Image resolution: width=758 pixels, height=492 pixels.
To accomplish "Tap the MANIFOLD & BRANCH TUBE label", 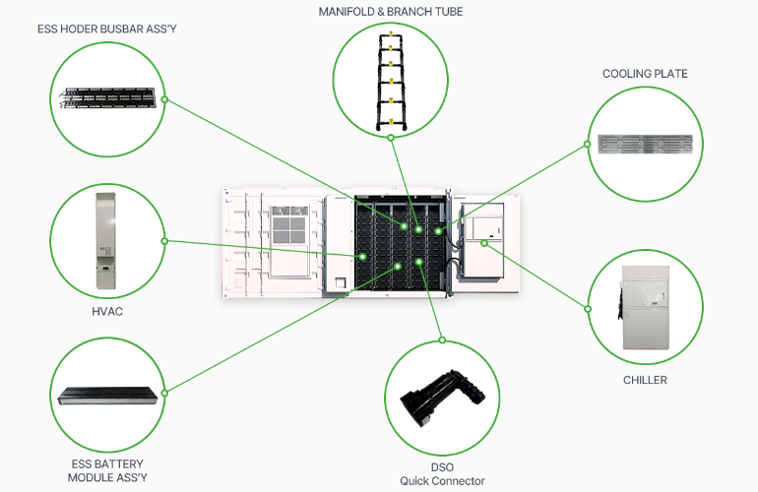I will click(x=390, y=11).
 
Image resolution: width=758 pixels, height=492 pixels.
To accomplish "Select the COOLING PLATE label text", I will click(x=645, y=74).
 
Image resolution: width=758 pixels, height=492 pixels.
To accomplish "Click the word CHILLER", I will click(x=645, y=379).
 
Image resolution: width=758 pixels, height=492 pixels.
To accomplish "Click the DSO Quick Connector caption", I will click(x=441, y=473).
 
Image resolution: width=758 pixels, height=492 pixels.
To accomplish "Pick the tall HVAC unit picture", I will click(x=106, y=239).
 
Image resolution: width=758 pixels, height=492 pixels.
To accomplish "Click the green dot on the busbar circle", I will click(x=165, y=99).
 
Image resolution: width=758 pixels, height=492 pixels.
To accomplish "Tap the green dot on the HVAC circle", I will click(x=164, y=240).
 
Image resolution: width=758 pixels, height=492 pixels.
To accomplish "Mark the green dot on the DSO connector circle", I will click(x=442, y=340).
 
